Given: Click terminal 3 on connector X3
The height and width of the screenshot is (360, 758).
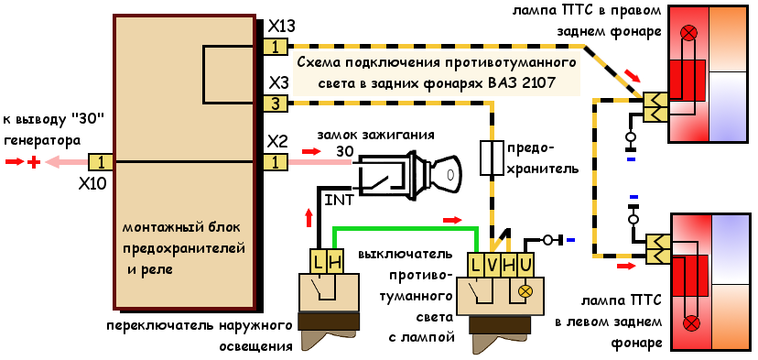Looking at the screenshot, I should click(x=275, y=104).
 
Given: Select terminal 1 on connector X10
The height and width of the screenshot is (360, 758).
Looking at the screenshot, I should click(x=101, y=162).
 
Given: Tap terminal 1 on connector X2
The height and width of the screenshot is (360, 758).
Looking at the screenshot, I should click(x=275, y=162).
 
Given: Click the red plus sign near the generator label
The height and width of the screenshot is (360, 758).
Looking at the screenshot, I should click(x=34, y=162).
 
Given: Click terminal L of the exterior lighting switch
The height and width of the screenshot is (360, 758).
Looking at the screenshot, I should click(x=319, y=262).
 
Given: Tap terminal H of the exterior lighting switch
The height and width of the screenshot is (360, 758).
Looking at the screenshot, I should click(x=334, y=262).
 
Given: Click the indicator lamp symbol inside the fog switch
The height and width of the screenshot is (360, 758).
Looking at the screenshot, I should click(x=525, y=290).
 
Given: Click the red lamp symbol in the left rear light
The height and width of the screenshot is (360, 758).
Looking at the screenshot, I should click(x=690, y=322).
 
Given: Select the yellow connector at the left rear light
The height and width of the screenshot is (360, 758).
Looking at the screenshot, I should click(x=656, y=248).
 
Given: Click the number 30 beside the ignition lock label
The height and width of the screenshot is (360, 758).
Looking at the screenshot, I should click(x=345, y=150).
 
